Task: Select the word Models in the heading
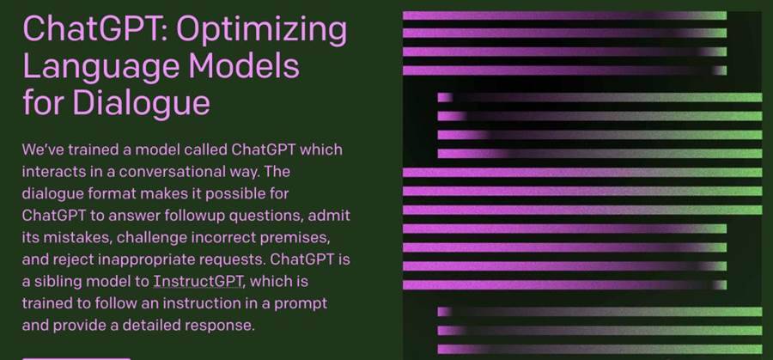244,66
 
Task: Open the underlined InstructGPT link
198,281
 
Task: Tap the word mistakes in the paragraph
76,238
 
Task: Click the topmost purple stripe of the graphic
564,15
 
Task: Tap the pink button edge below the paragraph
76,358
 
